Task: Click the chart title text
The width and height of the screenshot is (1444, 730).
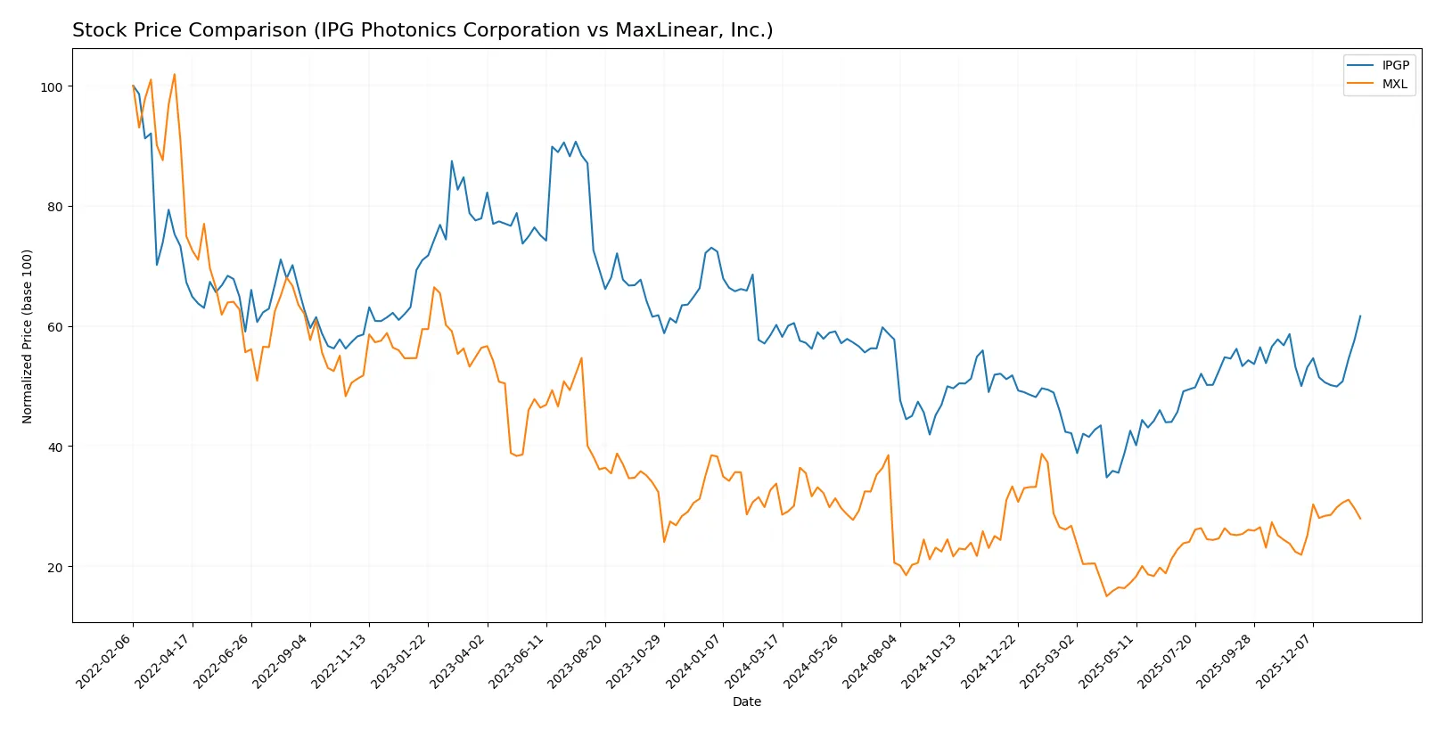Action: pos(423,30)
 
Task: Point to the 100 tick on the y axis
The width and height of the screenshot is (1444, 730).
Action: pos(52,86)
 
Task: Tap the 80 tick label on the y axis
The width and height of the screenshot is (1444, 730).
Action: pos(55,207)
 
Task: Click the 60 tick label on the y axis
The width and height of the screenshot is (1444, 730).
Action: pos(55,326)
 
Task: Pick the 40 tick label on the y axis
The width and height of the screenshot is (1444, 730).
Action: pos(55,447)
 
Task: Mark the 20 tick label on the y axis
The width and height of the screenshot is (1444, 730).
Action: pos(55,567)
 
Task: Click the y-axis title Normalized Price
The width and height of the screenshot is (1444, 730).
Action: pos(28,336)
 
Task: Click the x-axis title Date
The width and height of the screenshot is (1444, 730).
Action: pos(746,701)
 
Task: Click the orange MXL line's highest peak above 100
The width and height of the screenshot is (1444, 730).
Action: pos(175,75)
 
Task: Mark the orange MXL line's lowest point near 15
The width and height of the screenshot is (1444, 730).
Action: pos(1106,596)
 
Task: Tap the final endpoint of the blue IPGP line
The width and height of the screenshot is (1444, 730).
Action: pos(1360,316)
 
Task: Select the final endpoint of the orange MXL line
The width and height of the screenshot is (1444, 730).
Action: pos(1360,519)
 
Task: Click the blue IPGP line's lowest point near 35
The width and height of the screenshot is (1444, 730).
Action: pos(1106,477)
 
